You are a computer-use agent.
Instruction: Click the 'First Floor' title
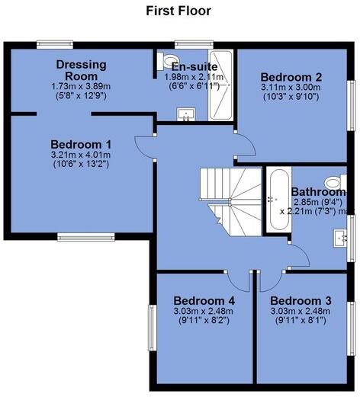[x=178, y=11]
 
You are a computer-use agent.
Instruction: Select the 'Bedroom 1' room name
[x=81, y=144]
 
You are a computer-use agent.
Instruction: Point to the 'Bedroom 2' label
[x=291, y=77]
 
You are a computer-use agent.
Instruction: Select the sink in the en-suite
[x=185, y=116]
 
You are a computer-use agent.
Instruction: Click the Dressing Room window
[x=52, y=43]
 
